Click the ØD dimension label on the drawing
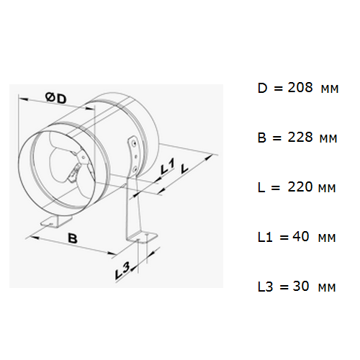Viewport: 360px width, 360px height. click(55, 98)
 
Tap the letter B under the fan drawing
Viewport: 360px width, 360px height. click(73, 238)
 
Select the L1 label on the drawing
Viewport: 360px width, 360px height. click(167, 166)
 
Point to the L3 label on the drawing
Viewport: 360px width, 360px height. click(122, 271)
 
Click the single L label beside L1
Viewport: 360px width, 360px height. click(184, 168)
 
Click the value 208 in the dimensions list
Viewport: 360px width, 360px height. click(300, 87)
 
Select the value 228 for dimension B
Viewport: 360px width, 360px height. click(300, 138)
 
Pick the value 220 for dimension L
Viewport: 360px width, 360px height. click(300, 187)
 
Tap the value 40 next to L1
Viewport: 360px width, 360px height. click(301, 237)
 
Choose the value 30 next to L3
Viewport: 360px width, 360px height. click(301, 287)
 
